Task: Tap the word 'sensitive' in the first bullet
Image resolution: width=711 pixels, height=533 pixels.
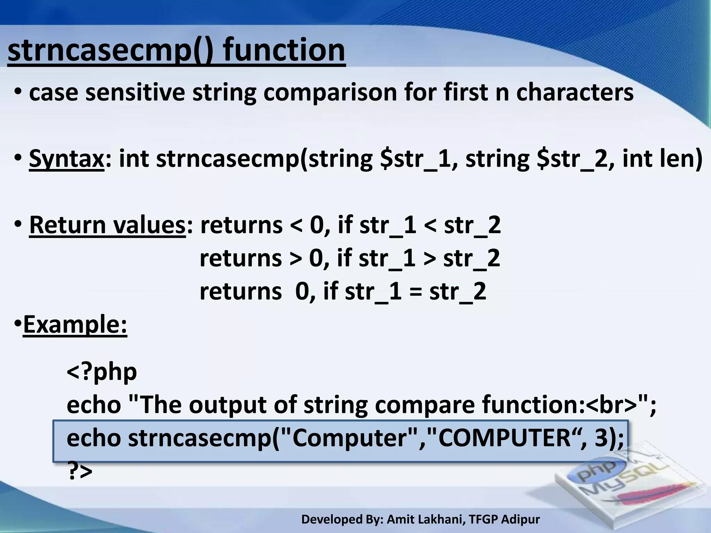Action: click(135, 93)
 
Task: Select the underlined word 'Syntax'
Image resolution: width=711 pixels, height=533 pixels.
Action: click(66, 159)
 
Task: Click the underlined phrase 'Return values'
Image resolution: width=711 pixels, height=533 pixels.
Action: click(107, 225)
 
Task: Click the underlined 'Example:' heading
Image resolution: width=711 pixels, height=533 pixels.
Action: click(75, 325)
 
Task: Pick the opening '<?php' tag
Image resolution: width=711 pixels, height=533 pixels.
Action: click(102, 372)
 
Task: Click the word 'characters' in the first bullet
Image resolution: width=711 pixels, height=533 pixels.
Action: click(575, 93)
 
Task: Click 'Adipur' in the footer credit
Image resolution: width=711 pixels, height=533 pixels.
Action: click(520, 519)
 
